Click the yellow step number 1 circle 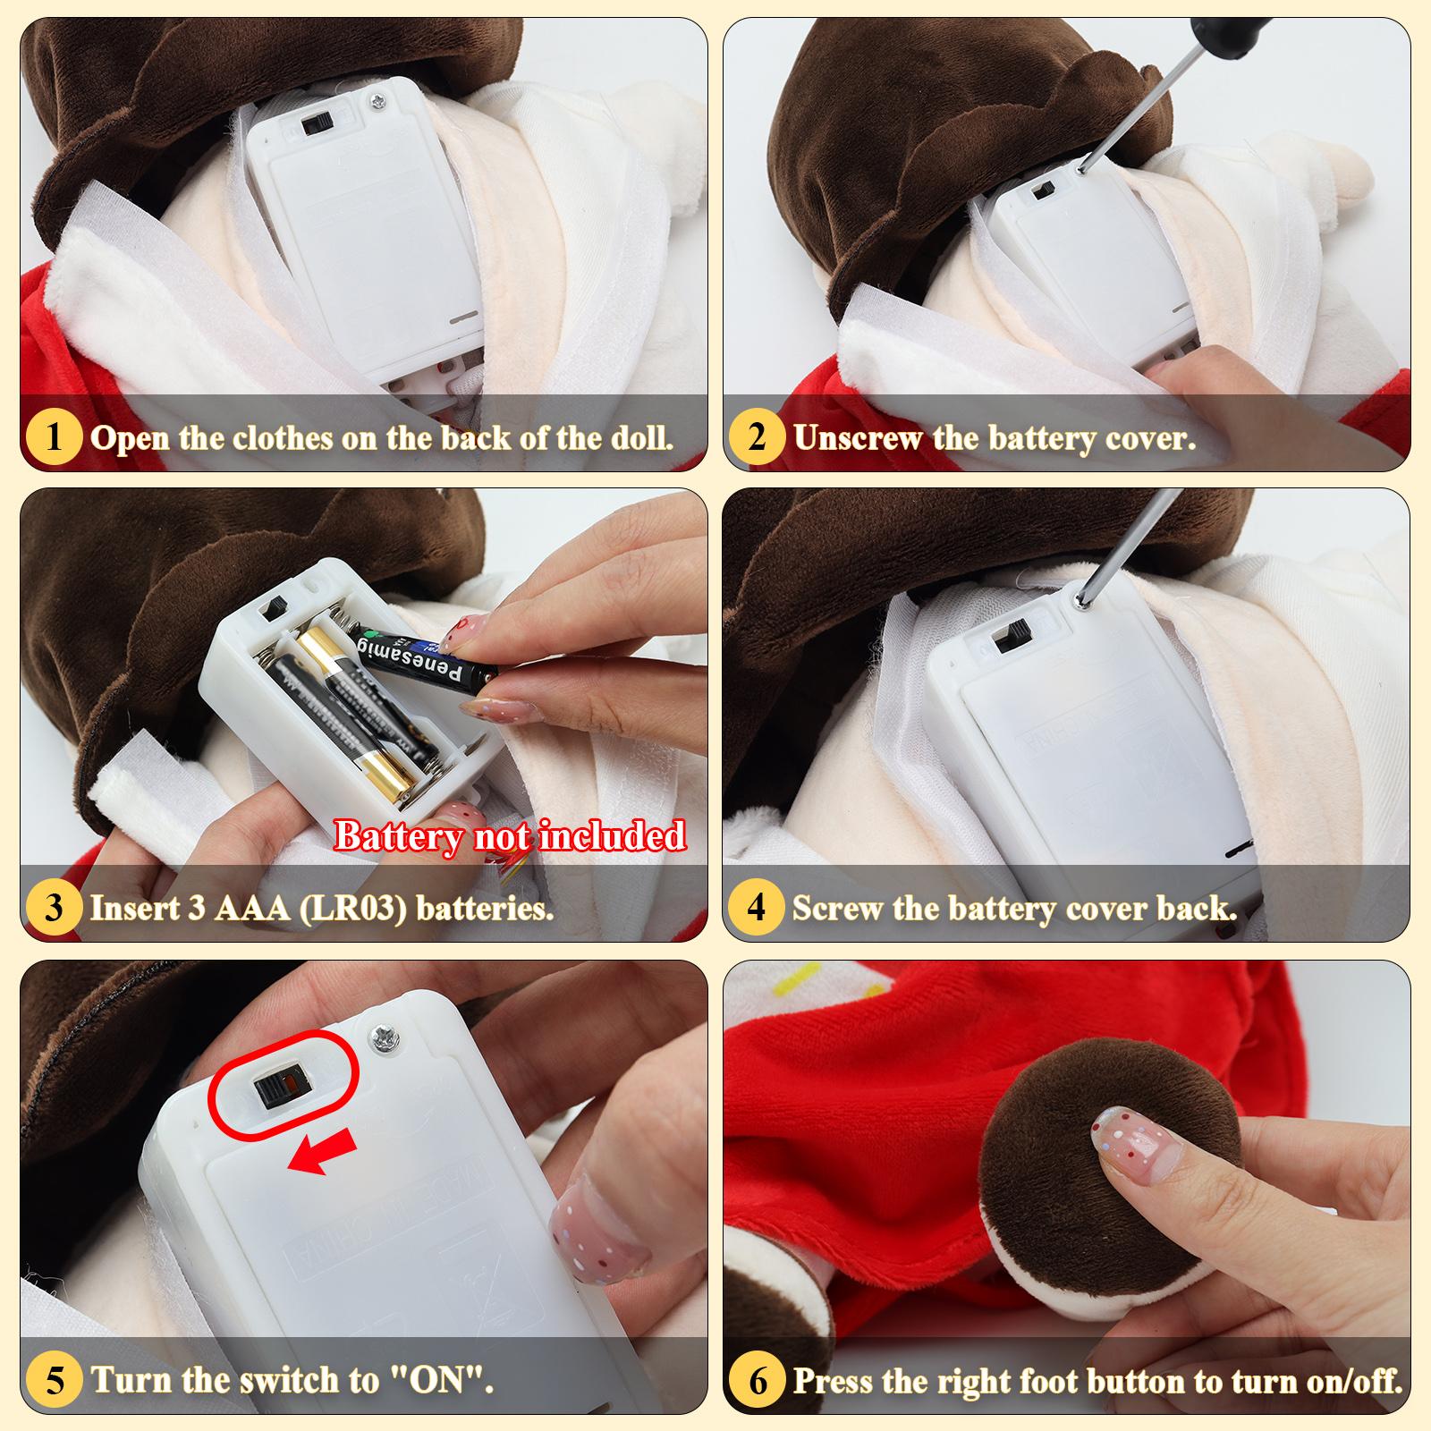[x=55, y=437]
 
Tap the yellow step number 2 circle [x=758, y=437]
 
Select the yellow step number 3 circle [x=55, y=907]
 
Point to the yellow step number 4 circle [x=758, y=907]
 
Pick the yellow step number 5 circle [x=55, y=1379]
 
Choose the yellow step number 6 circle [x=758, y=1379]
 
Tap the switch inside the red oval [x=276, y=1089]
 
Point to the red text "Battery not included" [x=510, y=836]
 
